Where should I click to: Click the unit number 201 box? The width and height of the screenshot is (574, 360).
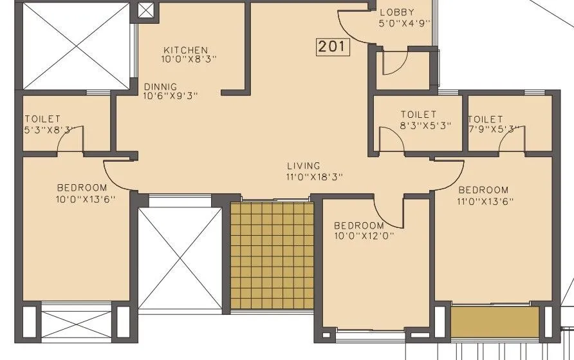pos(333,46)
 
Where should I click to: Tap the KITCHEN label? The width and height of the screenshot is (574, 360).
pos(185,50)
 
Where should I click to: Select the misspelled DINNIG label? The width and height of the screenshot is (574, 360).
pos(160,86)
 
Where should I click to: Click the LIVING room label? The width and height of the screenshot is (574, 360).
pos(304,166)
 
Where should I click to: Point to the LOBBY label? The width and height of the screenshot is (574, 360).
pos(397,12)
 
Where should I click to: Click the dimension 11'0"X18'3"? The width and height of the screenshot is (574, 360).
pos(314,176)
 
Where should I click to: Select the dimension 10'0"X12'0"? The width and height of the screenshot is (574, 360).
pos(364,236)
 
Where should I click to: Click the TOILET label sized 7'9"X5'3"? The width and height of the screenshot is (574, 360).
pos(485,119)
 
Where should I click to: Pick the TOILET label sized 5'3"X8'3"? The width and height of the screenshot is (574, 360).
pos(42,119)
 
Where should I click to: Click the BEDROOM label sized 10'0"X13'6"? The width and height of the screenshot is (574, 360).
pos(82,187)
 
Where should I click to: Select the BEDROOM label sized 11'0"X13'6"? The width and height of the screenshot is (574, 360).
pos(483,190)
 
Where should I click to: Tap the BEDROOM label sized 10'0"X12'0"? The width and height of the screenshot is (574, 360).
pos(358,225)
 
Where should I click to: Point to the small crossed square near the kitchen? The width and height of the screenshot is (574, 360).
pos(147,11)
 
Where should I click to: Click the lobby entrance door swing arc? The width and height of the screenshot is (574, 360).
pos(351,29)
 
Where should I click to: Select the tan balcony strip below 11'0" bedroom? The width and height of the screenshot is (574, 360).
pos(494,321)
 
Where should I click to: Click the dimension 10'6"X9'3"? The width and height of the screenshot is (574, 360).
pos(171,96)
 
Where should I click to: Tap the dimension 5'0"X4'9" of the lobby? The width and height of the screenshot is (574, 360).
pos(404,23)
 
